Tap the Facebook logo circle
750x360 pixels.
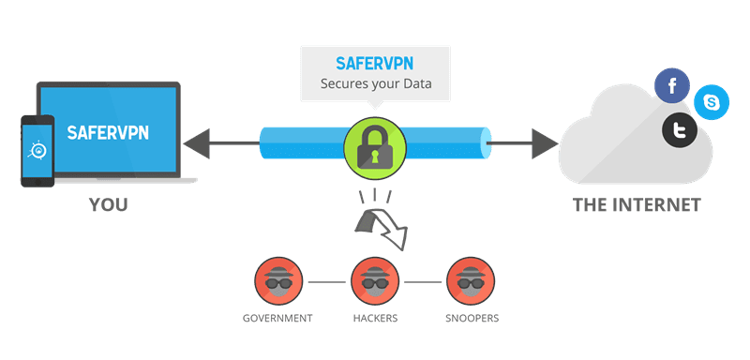[671, 87]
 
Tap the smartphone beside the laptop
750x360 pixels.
[37, 151]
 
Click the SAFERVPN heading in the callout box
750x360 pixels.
[373, 65]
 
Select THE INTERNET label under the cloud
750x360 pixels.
[637, 205]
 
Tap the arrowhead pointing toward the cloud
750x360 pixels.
[544, 143]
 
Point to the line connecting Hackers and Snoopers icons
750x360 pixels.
[421, 280]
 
